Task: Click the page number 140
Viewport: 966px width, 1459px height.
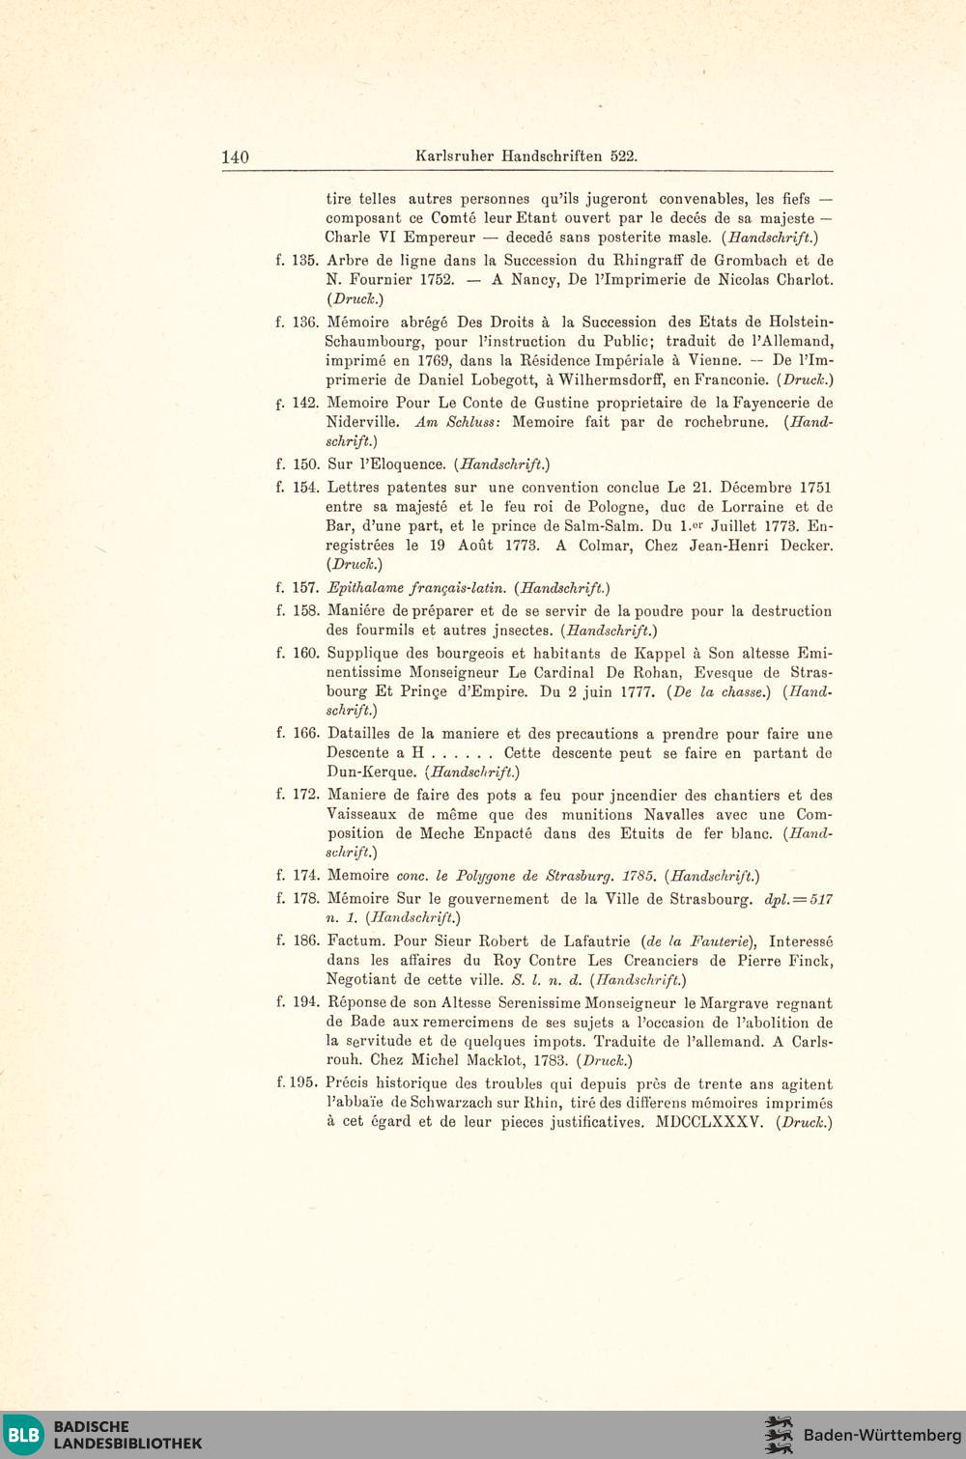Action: pos(235,157)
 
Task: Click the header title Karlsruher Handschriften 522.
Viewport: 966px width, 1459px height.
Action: pos(526,155)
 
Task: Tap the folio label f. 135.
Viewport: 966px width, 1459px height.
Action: pos(297,261)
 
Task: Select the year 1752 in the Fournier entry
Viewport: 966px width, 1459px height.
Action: pos(438,280)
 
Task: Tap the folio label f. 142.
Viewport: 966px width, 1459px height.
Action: pos(297,404)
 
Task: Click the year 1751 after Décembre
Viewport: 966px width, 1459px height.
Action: pos(815,488)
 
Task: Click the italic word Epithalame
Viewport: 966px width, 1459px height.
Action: pos(364,588)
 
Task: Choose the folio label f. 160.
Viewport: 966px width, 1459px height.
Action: pos(297,654)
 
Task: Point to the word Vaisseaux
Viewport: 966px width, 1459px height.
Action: pos(361,815)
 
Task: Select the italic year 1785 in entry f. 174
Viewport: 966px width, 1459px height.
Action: pos(639,876)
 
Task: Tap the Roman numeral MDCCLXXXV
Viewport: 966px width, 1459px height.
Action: pos(709,1122)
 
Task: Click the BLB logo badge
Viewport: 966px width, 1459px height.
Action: pos(24,1434)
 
